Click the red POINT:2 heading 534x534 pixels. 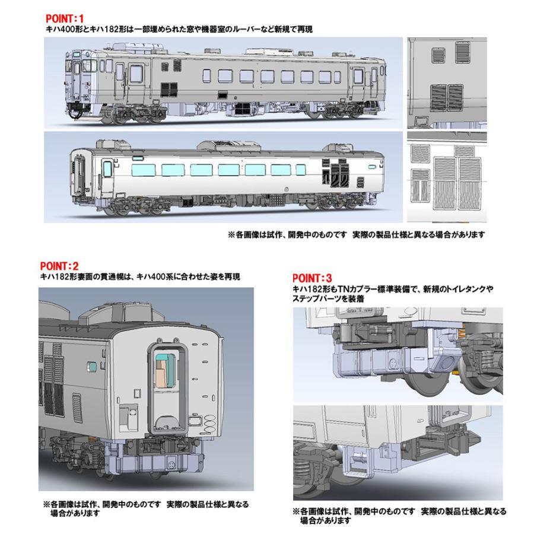click(x=59, y=266)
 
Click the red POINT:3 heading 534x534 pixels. click(x=312, y=276)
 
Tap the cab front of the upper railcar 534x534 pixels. click(x=77, y=80)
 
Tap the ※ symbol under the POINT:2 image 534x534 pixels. click(x=44, y=503)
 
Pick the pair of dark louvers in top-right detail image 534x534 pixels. click(x=446, y=96)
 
